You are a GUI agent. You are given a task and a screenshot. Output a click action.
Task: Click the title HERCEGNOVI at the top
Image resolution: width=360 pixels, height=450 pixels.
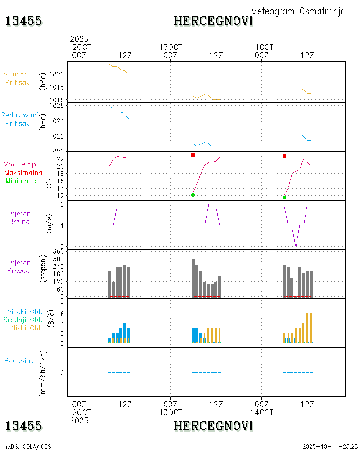point(213,21)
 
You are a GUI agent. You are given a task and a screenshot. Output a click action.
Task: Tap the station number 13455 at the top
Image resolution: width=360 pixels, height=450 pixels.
point(23,21)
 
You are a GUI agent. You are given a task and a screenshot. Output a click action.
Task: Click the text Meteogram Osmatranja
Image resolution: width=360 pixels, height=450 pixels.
point(298,11)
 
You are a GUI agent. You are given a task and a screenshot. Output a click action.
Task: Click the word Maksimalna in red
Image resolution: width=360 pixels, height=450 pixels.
point(23,172)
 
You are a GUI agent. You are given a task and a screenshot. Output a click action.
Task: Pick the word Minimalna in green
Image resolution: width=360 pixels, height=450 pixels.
point(24,180)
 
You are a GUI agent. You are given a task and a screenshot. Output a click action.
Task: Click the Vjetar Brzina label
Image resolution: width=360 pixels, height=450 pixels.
point(20,217)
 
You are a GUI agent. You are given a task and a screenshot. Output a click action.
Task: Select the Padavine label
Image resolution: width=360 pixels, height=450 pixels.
point(19,360)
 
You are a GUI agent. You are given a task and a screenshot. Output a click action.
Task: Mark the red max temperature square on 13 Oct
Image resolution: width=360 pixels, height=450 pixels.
point(193,155)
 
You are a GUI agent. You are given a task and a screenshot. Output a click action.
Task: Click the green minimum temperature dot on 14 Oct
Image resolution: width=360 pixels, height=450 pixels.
point(284,197)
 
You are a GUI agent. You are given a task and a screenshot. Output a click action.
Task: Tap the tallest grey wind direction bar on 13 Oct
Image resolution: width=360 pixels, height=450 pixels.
point(193,278)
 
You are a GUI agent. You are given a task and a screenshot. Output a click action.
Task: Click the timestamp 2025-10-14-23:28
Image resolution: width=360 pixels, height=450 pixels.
point(329,446)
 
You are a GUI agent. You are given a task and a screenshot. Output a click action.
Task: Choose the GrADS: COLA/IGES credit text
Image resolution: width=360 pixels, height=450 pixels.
point(27,446)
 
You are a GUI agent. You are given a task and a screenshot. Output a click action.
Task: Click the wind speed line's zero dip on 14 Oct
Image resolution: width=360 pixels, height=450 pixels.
point(296,246)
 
